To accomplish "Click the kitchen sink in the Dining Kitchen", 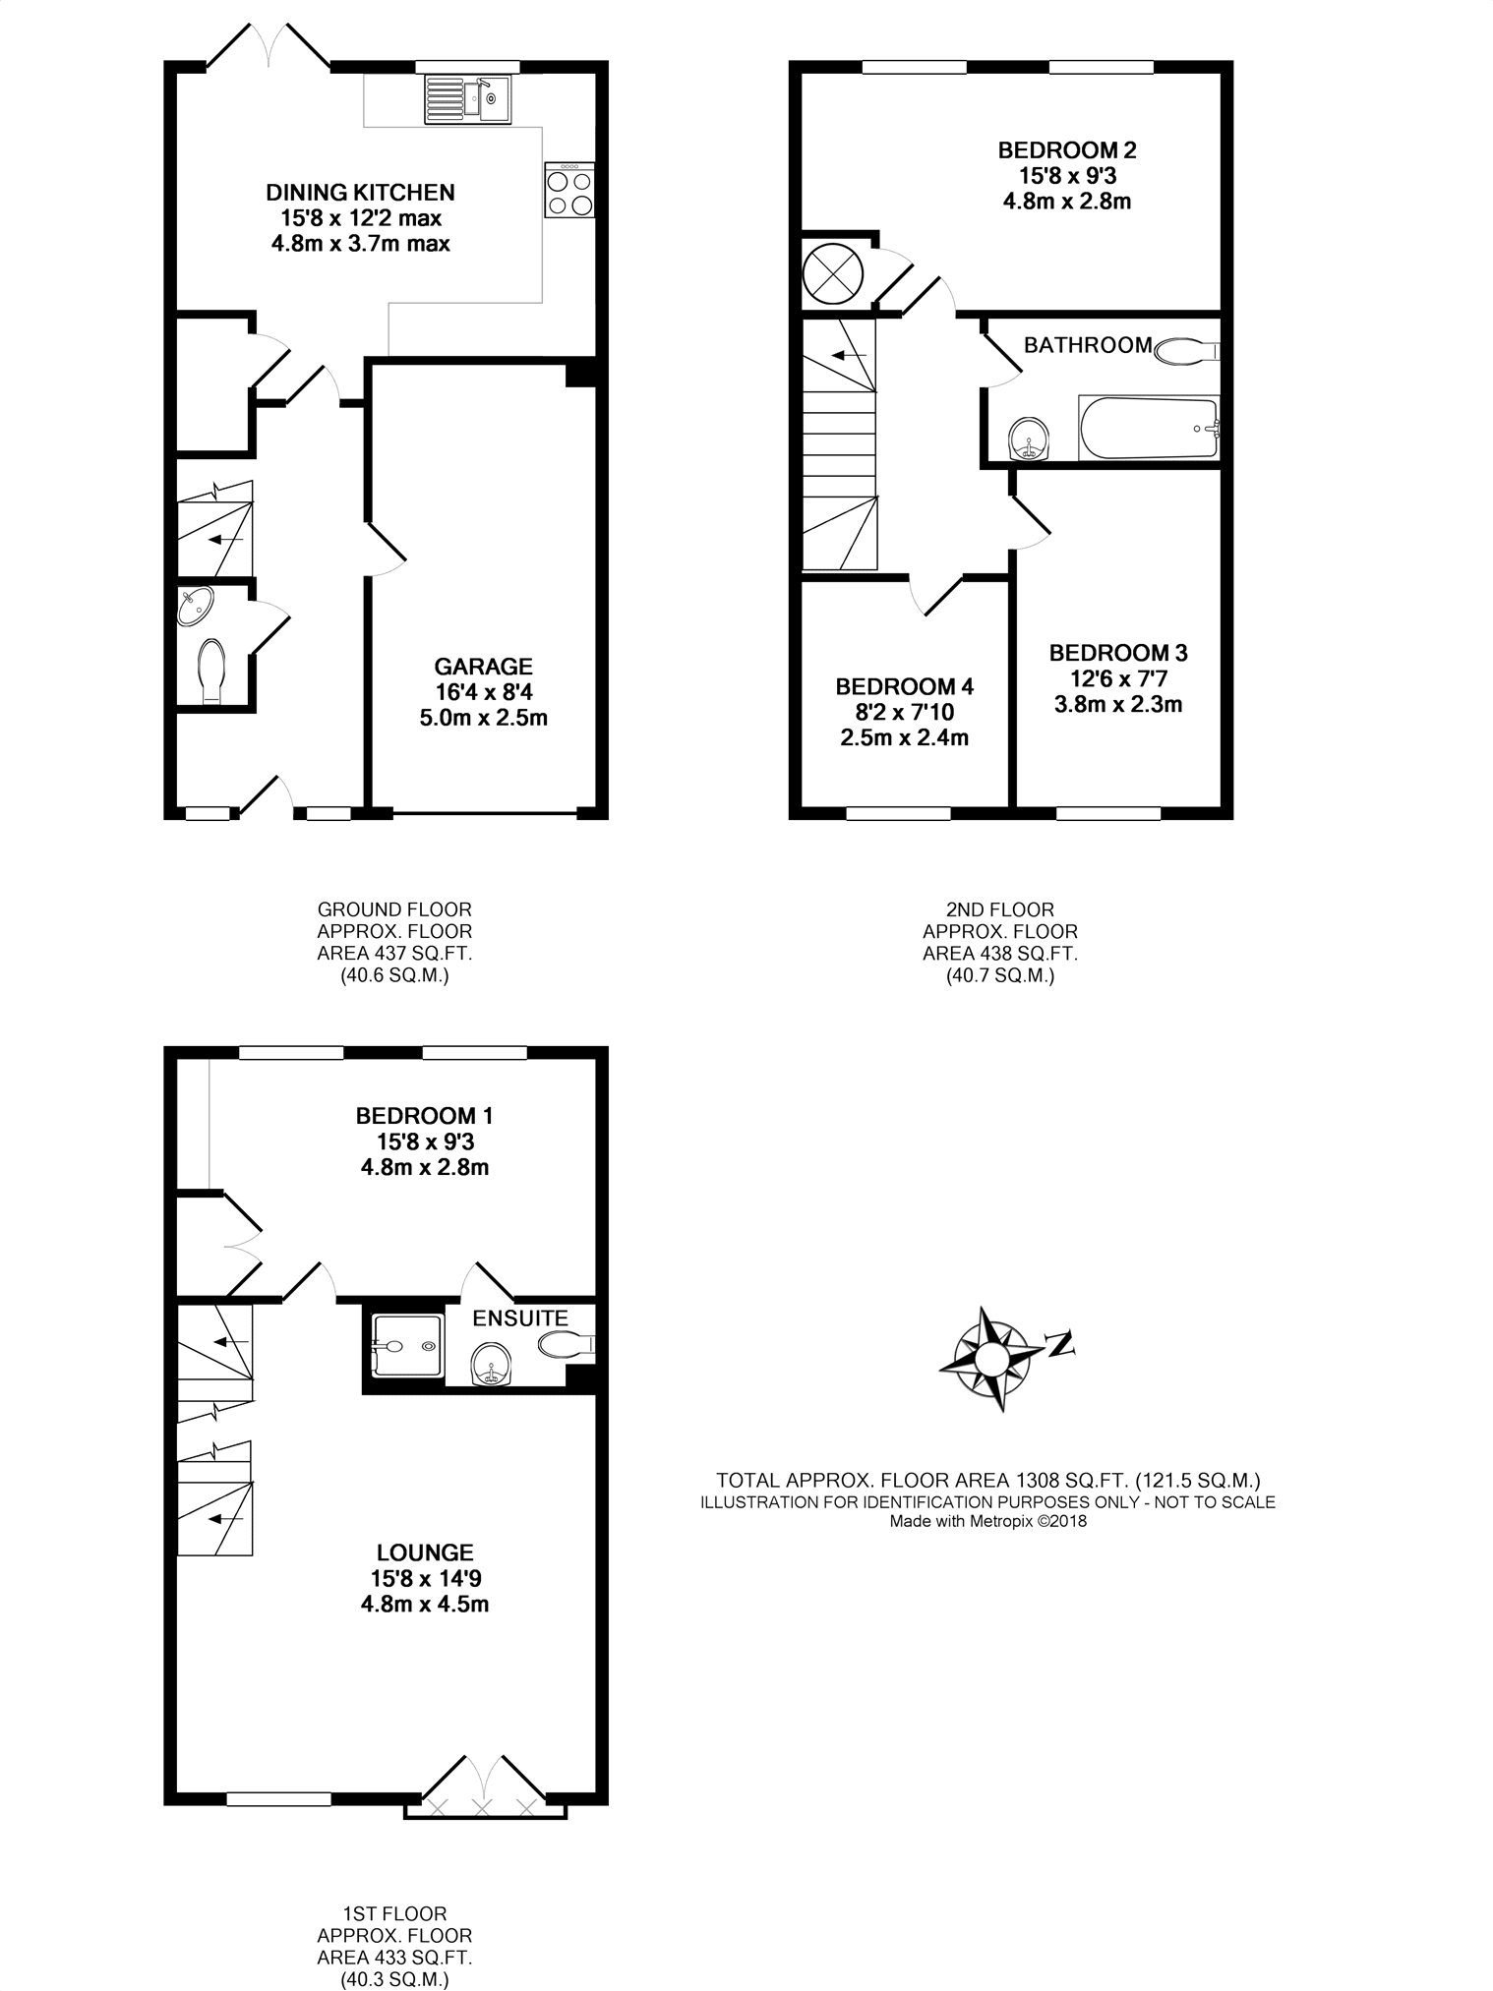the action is [x=467, y=99].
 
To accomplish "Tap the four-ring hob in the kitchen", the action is [x=569, y=190].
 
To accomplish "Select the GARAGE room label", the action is [x=484, y=667].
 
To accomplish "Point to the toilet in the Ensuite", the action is [x=567, y=1345].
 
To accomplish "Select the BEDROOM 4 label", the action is [x=905, y=686].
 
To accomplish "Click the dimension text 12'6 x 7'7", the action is [x=1118, y=678].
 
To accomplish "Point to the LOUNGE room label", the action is [x=426, y=1552].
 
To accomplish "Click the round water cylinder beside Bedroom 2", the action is [x=834, y=272].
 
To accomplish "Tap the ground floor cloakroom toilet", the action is [x=212, y=671].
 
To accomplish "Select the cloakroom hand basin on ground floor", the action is [x=197, y=607].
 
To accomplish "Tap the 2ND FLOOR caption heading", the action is [x=1000, y=909].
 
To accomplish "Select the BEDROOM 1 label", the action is [x=425, y=1116].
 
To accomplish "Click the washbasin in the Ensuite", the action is [x=490, y=1365].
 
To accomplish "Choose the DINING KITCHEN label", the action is [x=361, y=192].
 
